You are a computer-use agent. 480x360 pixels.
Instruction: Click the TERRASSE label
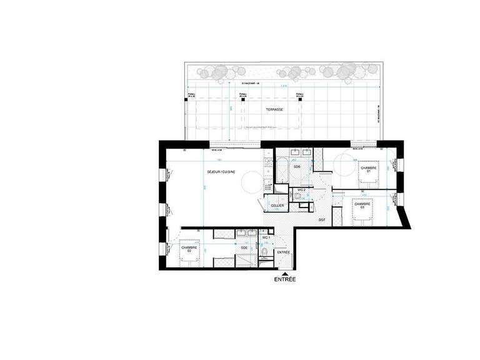[x=274, y=109]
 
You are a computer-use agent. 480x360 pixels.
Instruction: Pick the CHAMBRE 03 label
[x=362, y=205]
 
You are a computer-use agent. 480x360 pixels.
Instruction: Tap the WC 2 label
[x=301, y=189]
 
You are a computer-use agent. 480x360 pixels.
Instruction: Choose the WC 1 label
[x=265, y=239]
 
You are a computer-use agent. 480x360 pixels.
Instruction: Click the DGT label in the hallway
[x=322, y=221]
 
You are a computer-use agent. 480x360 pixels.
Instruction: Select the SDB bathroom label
[x=297, y=167]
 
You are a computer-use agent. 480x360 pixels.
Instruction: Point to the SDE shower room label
[x=244, y=247]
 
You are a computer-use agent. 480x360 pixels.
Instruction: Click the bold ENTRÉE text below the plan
[x=284, y=281]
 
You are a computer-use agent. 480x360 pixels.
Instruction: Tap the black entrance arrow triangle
[x=284, y=273]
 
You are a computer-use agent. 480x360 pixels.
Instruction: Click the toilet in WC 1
[x=266, y=252]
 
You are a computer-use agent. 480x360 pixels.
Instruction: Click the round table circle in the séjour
[x=249, y=181]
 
